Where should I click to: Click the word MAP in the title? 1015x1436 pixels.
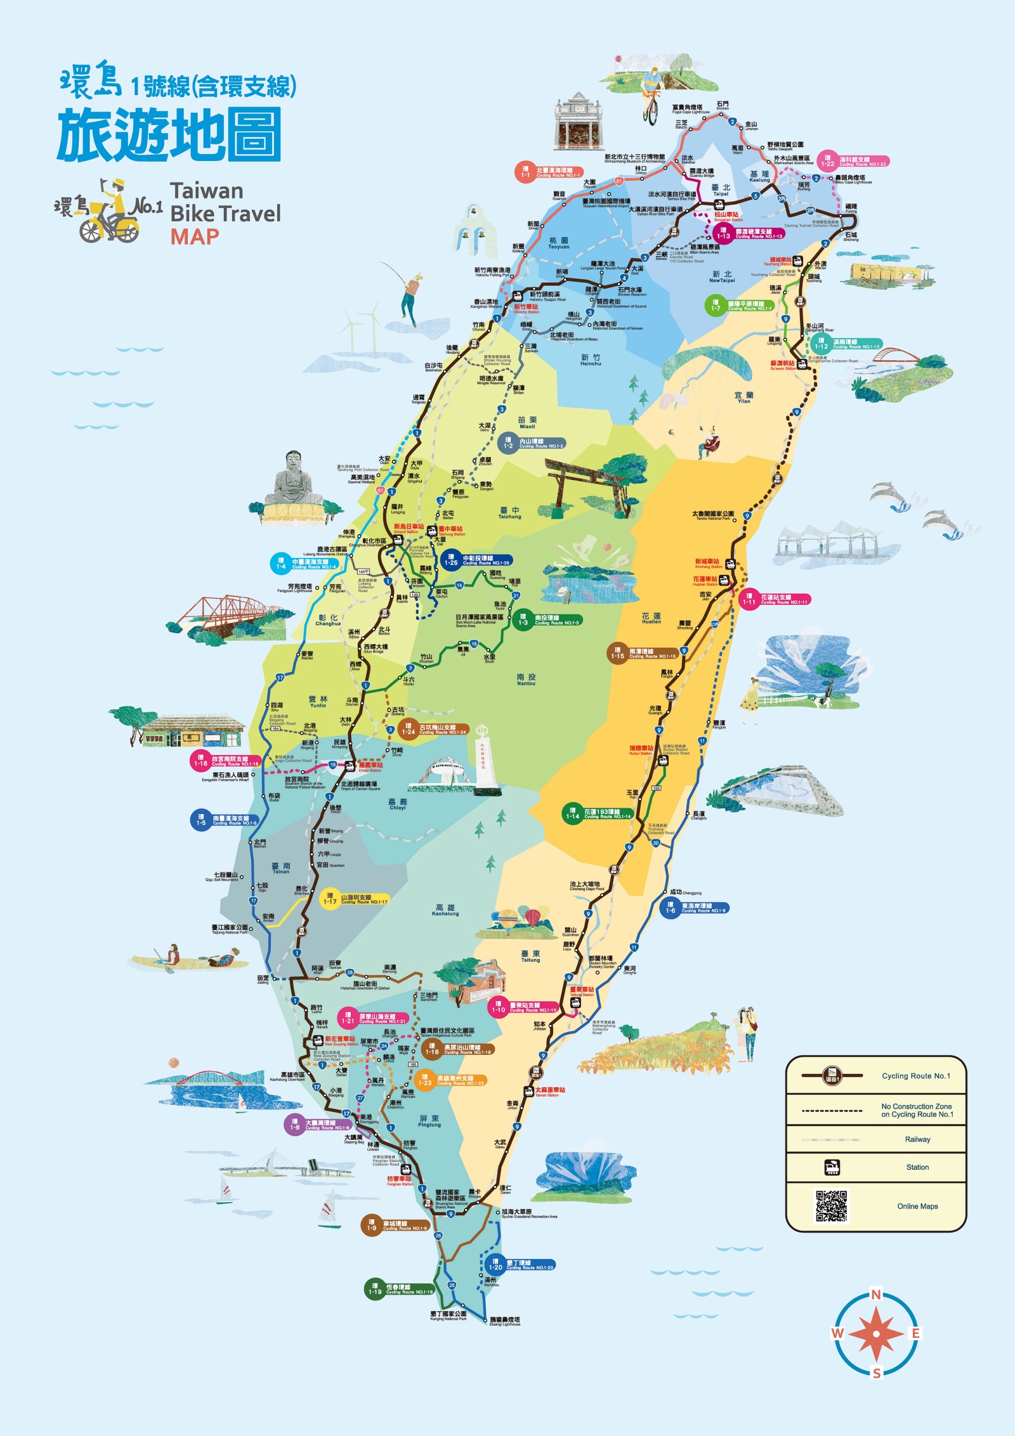194,236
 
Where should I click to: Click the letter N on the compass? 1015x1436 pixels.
875,1295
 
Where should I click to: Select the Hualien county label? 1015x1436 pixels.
651,618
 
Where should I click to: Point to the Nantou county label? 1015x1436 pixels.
526,680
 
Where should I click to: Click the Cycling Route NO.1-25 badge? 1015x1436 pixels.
476,560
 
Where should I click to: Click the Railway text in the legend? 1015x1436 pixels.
917,1139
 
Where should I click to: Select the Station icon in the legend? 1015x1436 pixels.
832,1167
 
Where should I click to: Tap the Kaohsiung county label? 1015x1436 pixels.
445,910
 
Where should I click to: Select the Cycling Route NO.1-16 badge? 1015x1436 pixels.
226,761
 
